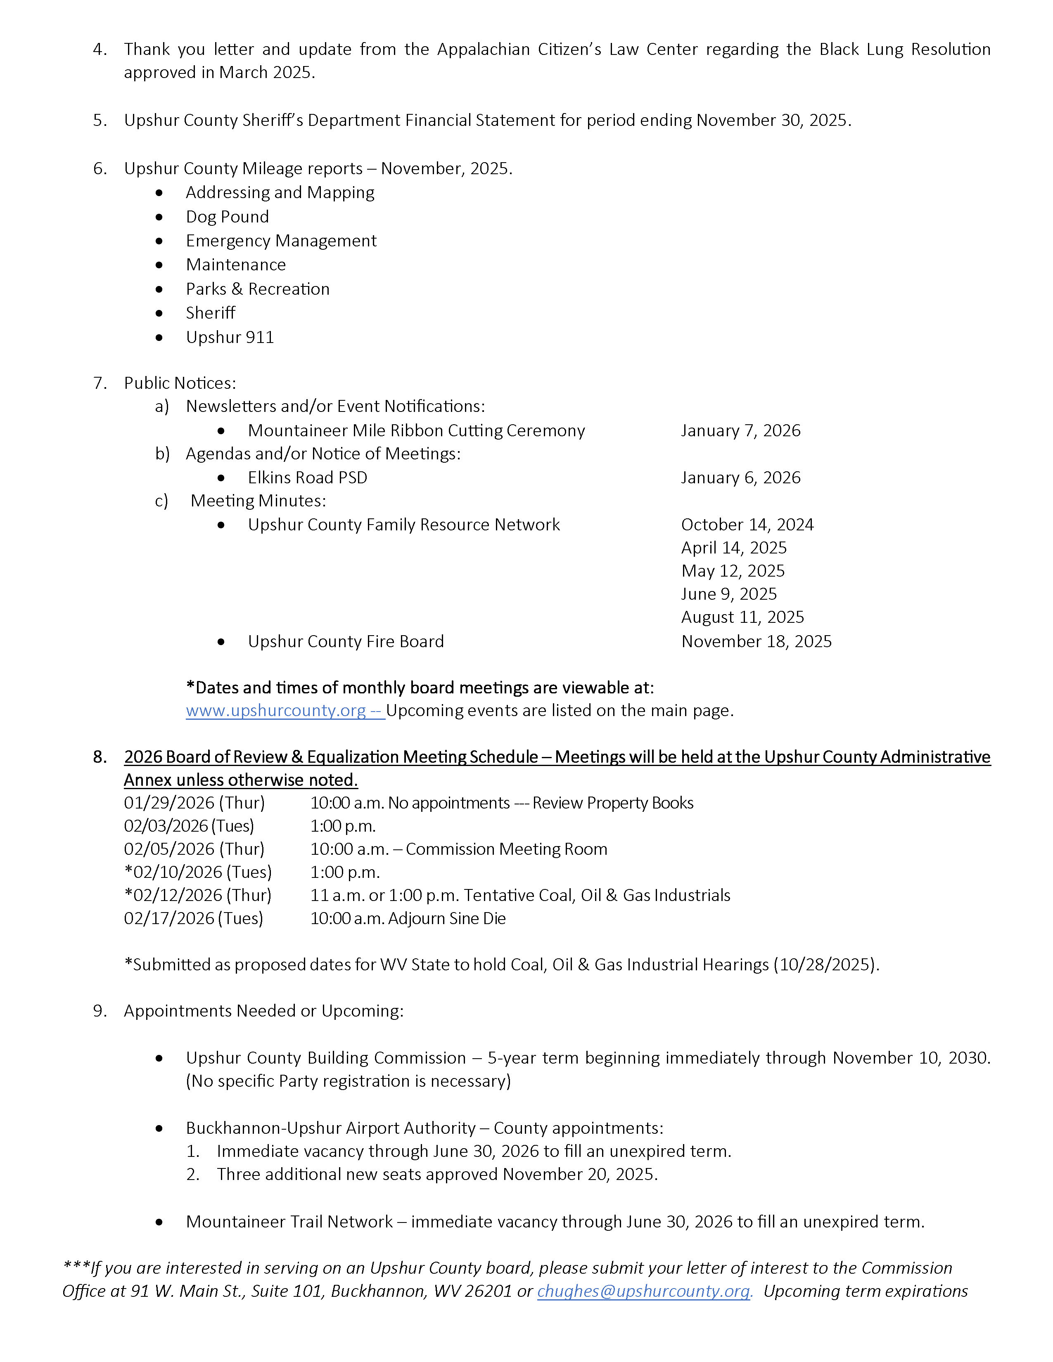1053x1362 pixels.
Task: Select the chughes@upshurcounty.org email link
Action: click(x=645, y=1291)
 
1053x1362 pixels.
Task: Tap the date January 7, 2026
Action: click(x=740, y=430)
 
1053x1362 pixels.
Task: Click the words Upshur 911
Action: click(x=230, y=337)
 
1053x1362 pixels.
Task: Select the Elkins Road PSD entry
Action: click(x=308, y=477)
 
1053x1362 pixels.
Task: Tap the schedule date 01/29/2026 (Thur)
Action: click(x=194, y=803)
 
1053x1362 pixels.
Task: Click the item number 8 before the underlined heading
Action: click(x=100, y=757)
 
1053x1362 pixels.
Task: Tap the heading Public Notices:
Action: click(x=180, y=383)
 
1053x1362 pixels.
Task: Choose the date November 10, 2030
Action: click(x=911, y=1058)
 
